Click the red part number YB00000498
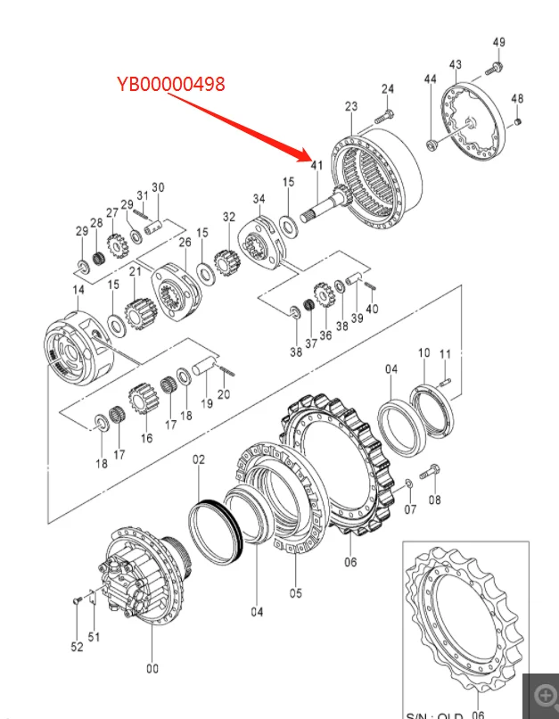pyautogui.click(x=170, y=84)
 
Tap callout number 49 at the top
pyautogui.click(x=498, y=42)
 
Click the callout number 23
pyautogui.click(x=350, y=107)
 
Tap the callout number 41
pyautogui.click(x=316, y=166)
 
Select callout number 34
pyautogui.click(x=259, y=198)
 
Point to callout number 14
pyautogui.click(x=78, y=290)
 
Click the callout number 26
pyautogui.click(x=185, y=242)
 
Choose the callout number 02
pyautogui.click(x=199, y=459)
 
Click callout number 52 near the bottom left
pyautogui.click(x=77, y=646)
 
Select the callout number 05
pyautogui.click(x=296, y=592)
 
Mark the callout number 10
pyautogui.click(x=423, y=354)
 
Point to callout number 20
pyautogui.click(x=225, y=394)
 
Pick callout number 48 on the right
pyautogui.click(x=517, y=99)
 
